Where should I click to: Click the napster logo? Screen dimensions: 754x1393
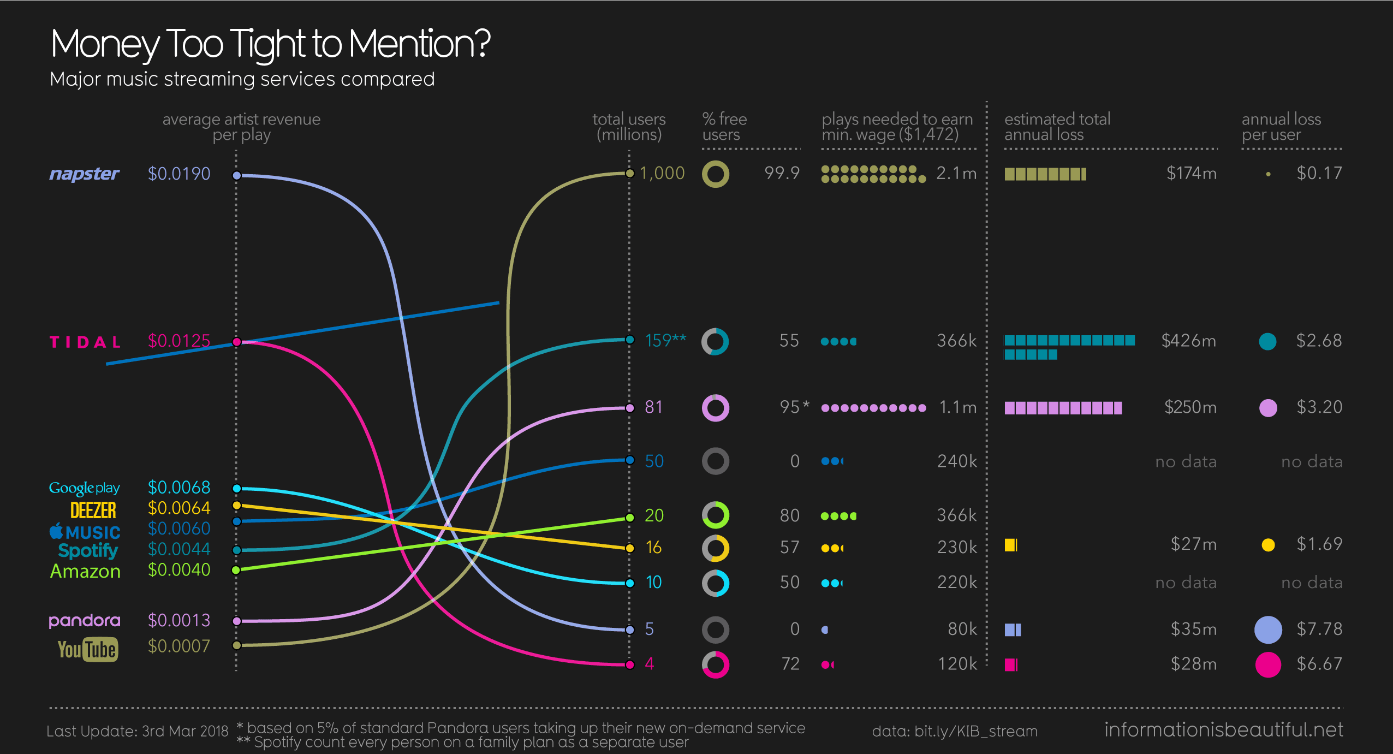point(84,174)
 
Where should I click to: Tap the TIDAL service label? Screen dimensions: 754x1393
point(85,342)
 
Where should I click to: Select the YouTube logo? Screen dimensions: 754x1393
point(88,649)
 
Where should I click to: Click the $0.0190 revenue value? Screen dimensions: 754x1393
point(179,174)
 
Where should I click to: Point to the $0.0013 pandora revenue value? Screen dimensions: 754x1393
point(179,620)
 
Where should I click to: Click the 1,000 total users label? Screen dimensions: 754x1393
point(662,173)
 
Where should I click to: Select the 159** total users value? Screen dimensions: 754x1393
point(665,341)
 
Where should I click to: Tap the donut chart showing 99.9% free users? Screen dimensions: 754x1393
point(715,174)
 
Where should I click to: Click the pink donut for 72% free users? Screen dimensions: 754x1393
point(715,664)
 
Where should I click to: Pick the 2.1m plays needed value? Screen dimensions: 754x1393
point(956,173)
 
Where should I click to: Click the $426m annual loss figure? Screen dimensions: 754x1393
point(1188,341)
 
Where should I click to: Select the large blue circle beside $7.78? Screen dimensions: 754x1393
point(1267,630)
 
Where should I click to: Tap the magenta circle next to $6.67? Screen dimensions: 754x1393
point(1267,664)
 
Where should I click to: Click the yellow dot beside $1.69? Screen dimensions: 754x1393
point(1268,545)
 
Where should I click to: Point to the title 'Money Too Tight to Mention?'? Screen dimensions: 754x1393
point(270,44)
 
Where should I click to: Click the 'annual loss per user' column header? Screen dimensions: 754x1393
point(1281,127)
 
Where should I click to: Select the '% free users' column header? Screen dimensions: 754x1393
point(724,127)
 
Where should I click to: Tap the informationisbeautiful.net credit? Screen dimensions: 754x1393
point(1223,729)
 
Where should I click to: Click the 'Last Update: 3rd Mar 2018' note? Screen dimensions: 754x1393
point(137,731)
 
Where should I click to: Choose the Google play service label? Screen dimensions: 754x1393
point(85,488)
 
